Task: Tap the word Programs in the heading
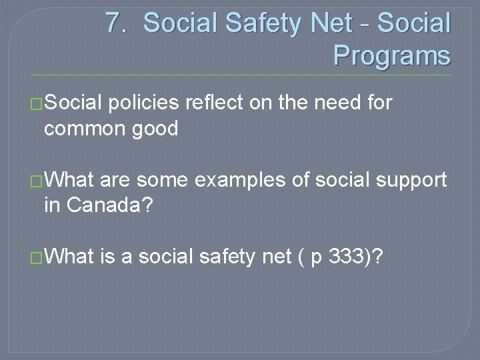[x=391, y=55]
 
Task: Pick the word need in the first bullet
[x=334, y=103]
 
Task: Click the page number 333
[x=347, y=257]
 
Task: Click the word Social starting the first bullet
[x=73, y=103]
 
